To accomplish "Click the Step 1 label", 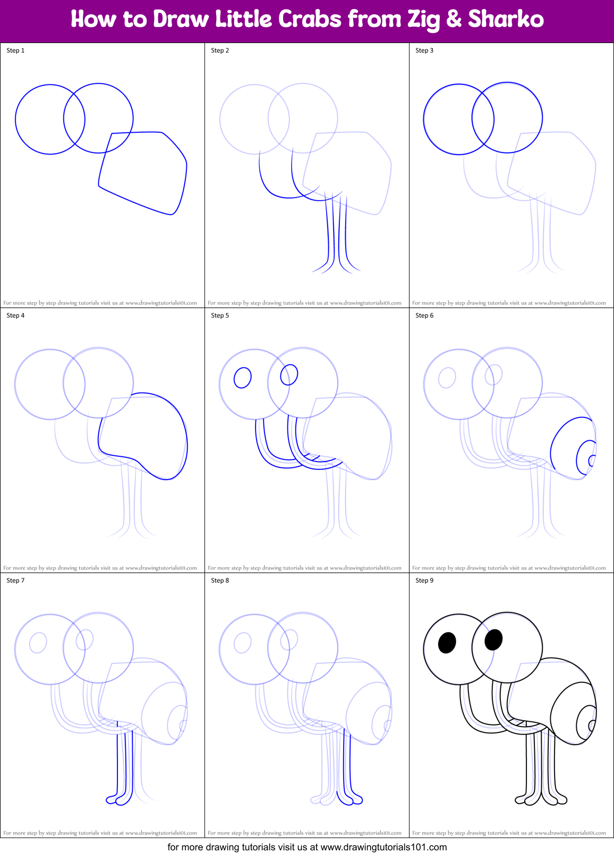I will [15, 50].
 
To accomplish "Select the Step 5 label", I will [220, 315].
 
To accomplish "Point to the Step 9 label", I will [424, 580].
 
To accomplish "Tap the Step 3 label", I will [424, 50].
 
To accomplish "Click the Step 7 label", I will [15, 580].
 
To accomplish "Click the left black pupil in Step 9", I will [447, 643].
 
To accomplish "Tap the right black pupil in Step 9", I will [493, 639].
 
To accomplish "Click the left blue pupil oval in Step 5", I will [243, 378].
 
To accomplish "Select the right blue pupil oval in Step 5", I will [289, 374].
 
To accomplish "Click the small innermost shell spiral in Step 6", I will [592, 460].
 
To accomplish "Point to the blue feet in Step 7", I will [119, 799].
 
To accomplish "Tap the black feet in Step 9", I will [541, 799].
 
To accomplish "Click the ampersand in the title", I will [454, 20].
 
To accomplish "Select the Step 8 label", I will [220, 580].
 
